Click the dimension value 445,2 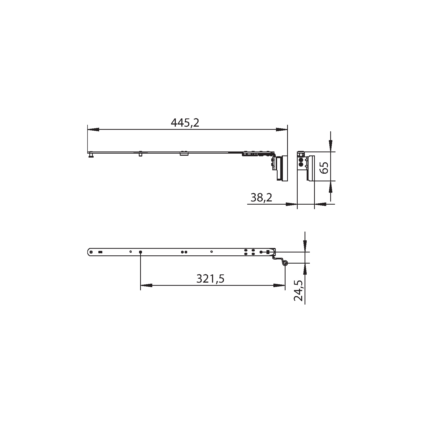pyautogui.click(x=185, y=123)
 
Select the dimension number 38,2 pyautogui.click(x=261, y=197)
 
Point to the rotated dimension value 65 pyautogui.click(x=324, y=167)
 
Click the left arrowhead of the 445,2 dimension pyautogui.click(x=93, y=130)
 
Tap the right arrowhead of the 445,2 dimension pyautogui.click(x=281, y=130)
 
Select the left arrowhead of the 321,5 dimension pyautogui.click(x=146, y=286)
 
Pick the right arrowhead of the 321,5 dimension pyautogui.click(x=279, y=286)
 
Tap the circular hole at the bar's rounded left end pyautogui.click(x=91, y=252)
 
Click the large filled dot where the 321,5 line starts pyautogui.click(x=140, y=252)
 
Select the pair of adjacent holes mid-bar pyautogui.click(x=184, y=252)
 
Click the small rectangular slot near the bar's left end pyautogui.click(x=100, y=252)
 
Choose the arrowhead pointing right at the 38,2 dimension pyautogui.click(x=292, y=204)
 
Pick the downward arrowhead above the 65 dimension pyautogui.click(x=330, y=145)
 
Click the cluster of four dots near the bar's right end pyautogui.click(x=249, y=252)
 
